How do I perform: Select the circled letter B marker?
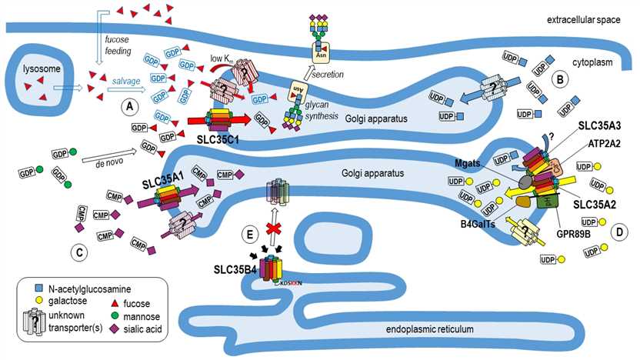click(561, 78)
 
